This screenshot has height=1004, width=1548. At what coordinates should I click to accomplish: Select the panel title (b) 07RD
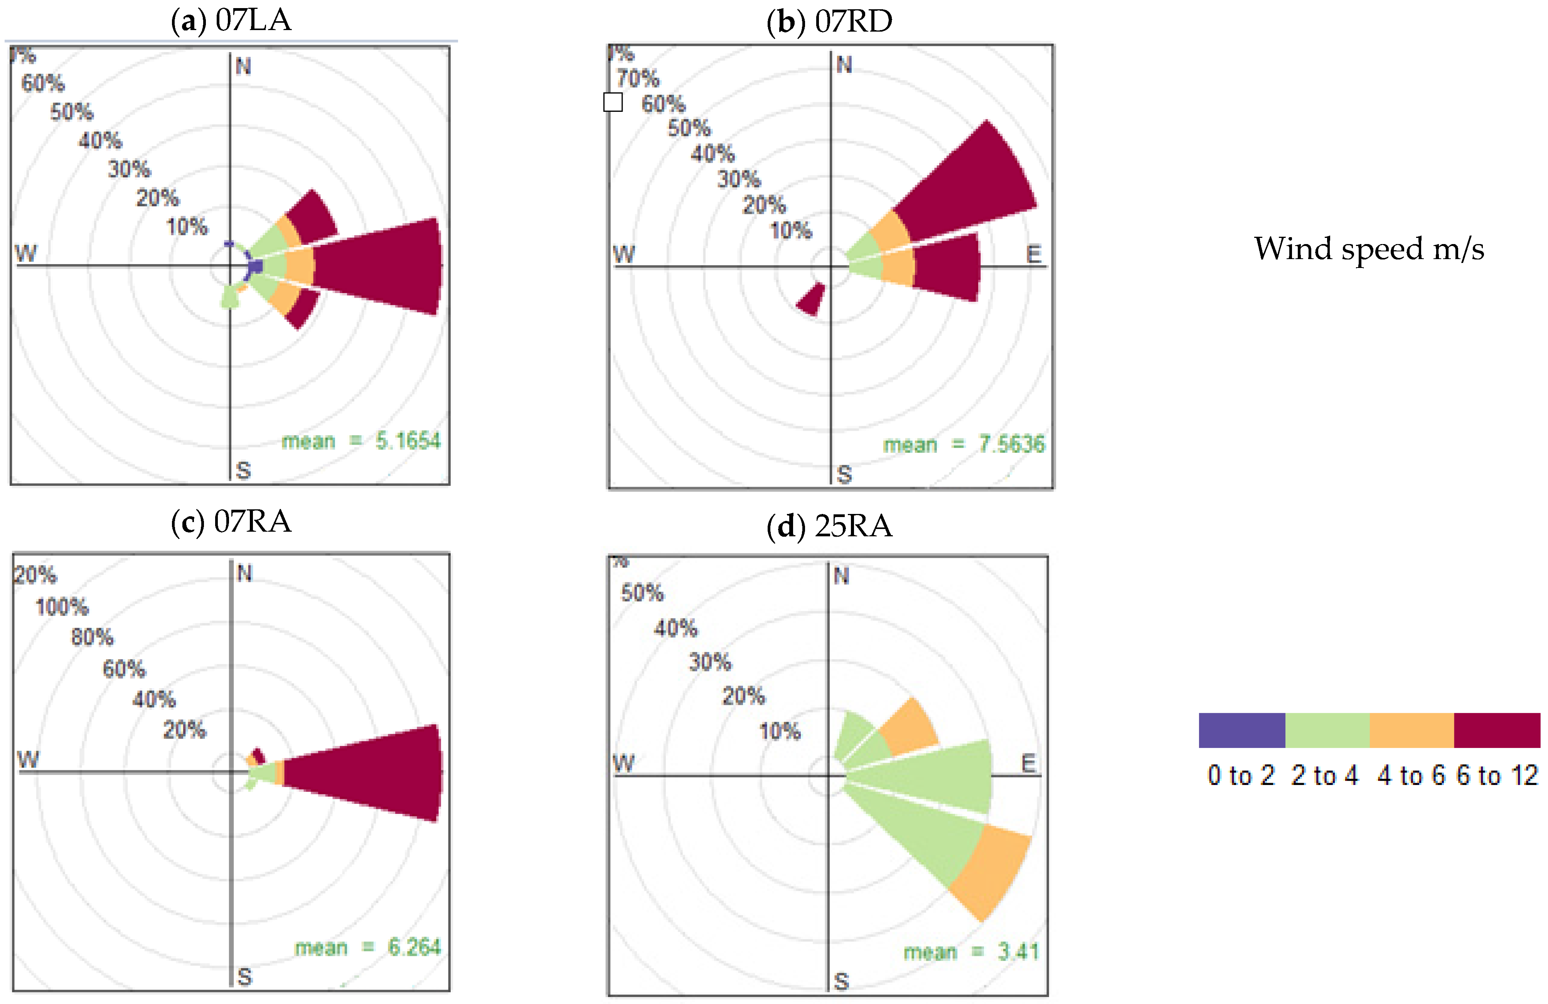pyautogui.click(x=829, y=22)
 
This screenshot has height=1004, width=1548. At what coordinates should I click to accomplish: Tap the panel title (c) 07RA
pyautogui.click(x=231, y=522)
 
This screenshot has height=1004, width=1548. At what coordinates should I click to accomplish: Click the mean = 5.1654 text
pyautogui.click(x=361, y=441)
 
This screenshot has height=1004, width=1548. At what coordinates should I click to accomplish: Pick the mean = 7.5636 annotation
pyautogui.click(x=964, y=445)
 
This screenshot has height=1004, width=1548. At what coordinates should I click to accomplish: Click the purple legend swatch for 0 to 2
pyautogui.click(x=1241, y=730)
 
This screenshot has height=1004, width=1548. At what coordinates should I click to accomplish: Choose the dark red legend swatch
pyautogui.click(x=1497, y=730)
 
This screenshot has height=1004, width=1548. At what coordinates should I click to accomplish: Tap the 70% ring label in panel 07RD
pyautogui.click(x=638, y=79)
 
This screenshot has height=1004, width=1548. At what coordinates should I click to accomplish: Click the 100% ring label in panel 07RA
pyautogui.click(x=62, y=607)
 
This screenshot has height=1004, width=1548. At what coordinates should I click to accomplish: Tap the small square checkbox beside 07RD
pyautogui.click(x=613, y=102)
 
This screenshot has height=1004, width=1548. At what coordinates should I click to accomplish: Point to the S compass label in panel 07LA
pyautogui.click(x=243, y=470)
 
